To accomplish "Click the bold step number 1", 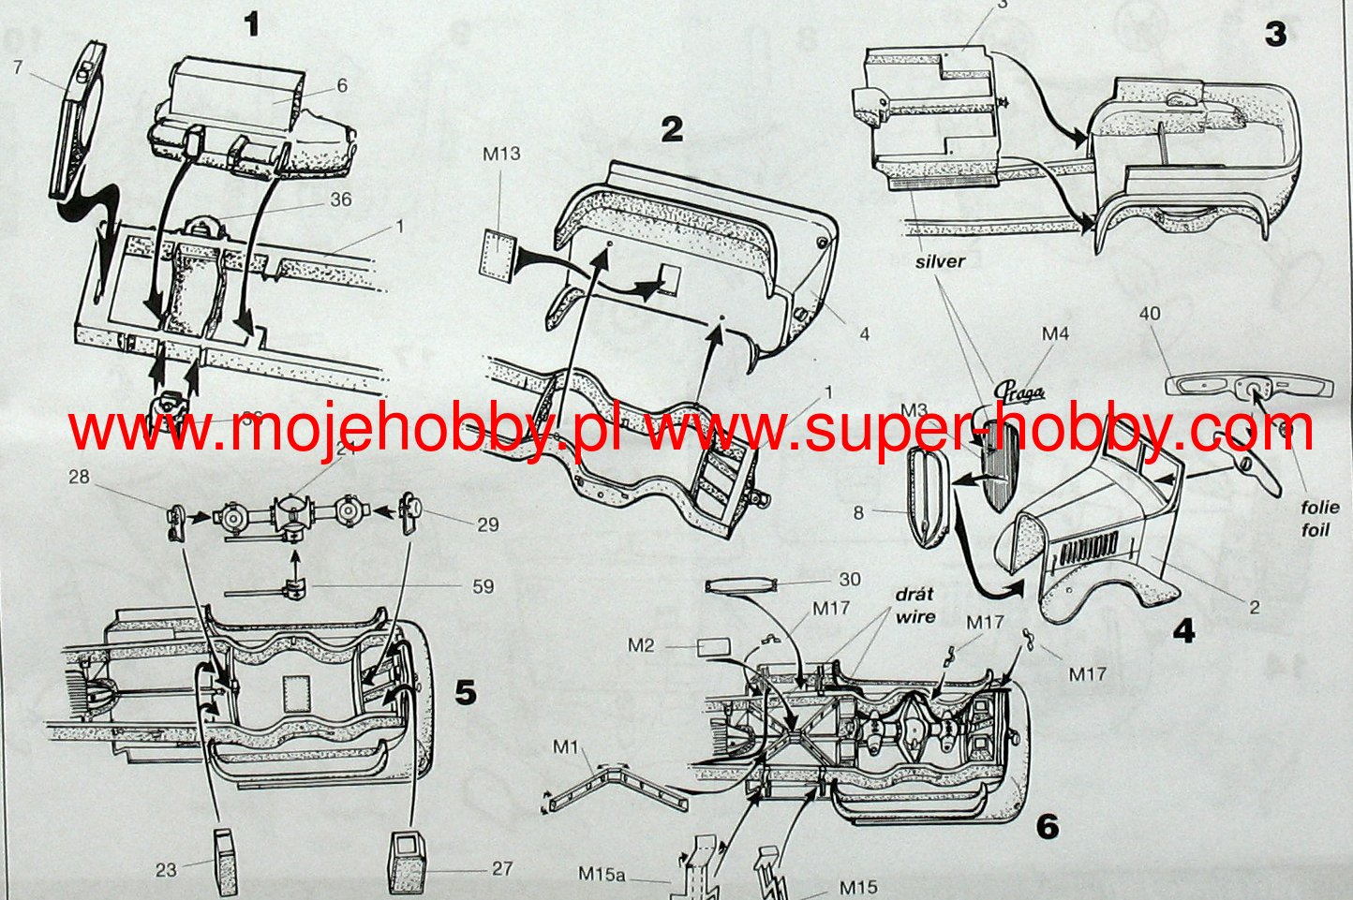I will pyautogui.click(x=250, y=24).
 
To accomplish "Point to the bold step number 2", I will pyautogui.click(x=671, y=129).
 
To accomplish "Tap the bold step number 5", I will pyautogui.click(x=465, y=692).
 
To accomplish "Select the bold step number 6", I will pyautogui.click(x=1047, y=826).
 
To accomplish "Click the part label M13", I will pyautogui.click(x=501, y=154).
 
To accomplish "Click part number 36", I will pyautogui.click(x=341, y=199).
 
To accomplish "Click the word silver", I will pyautogui.click(x=939, y=261).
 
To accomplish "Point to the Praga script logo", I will pyautogui.click(x=1020, y=393).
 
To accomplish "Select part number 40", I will pyautogui.click(x=1150, y=313).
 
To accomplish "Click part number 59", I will pyautogui.click(x=483, y=587).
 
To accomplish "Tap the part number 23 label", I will pyautogui.click(x=166, y=869).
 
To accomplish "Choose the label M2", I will pyautogui.click(x=641, y=644).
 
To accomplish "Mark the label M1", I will pyautogui.click(x=565, y=746).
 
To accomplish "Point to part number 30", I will pyautogui.click(x=849, y=580).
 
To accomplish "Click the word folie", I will pyautogui.click(x=1319, y=508).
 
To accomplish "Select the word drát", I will pyautogui.click(x=914, y=595).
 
